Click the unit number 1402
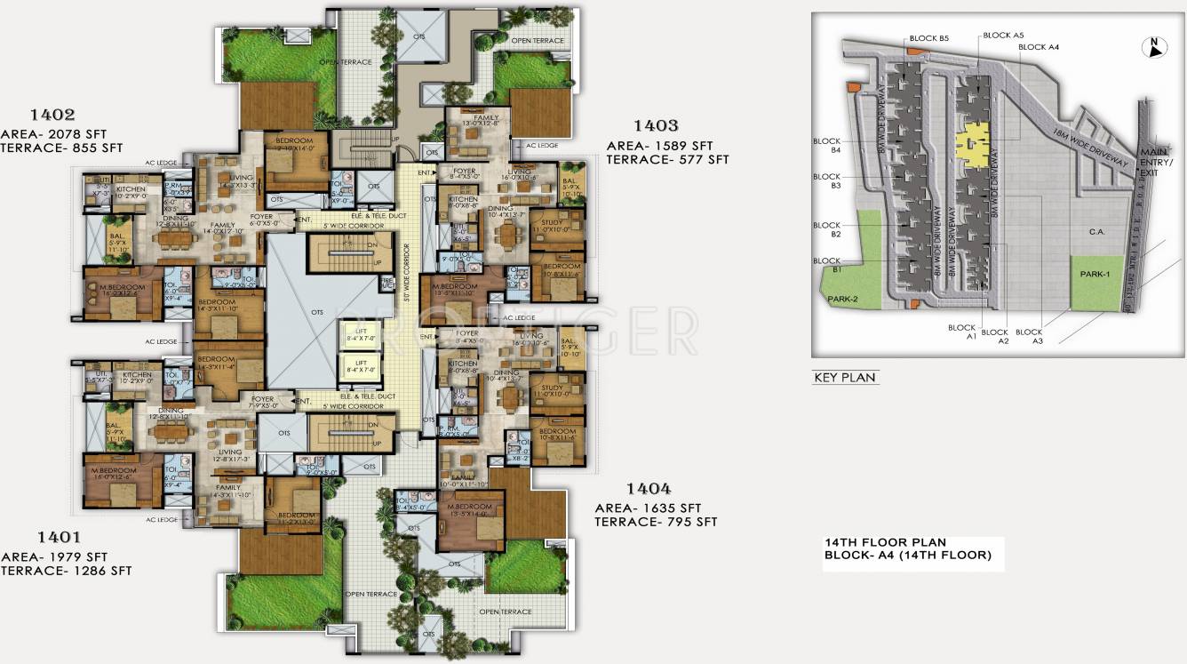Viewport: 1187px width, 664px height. click(x=52, y=115)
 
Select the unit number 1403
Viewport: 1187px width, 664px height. click(x=656, y=126)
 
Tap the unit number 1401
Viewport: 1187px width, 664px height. click(x=60, y=537)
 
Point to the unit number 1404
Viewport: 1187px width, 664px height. click(x=649, y=488)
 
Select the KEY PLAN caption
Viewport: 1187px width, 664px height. click(x=845, y=378)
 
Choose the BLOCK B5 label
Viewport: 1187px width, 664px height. click(x=929, y=39)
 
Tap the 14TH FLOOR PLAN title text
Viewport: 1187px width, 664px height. click(x=885, y=542)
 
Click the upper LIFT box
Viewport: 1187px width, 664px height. click(x=360, y=335)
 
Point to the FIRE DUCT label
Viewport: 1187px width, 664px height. click(x=387, y=284)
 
